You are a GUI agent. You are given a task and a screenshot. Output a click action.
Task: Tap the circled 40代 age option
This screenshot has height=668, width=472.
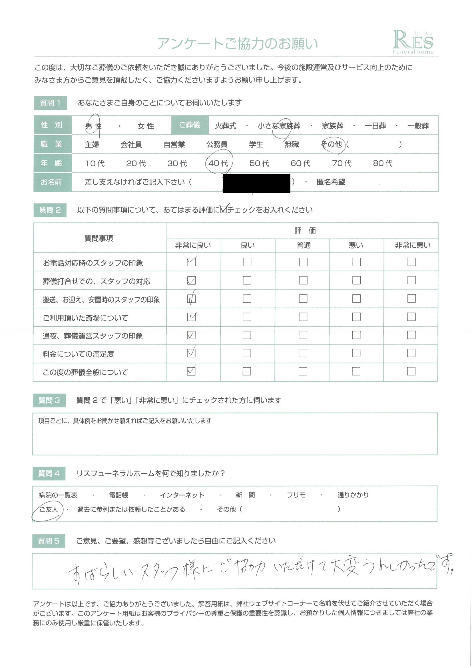click(x=218, y=163)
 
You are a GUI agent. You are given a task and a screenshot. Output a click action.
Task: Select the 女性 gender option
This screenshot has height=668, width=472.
click(x=146, y=126)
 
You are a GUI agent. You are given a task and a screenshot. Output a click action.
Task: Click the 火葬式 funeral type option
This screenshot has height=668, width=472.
click(x=225, y=126)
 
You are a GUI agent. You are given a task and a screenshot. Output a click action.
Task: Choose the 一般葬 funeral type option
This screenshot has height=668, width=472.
click(x=418, y=126)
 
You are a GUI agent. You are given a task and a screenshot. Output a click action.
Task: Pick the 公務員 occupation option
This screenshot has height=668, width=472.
click(x=217, y=145)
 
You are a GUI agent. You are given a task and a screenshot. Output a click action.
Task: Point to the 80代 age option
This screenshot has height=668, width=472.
click(x=383, y=163)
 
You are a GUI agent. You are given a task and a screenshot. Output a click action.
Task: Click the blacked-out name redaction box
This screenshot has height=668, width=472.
click(x=256, y=183)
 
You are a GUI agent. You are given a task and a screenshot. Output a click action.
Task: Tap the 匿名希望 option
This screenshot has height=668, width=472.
click(x=331, y=182)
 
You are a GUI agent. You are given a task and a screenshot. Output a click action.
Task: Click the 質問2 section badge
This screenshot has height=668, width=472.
click(x=50, y=210)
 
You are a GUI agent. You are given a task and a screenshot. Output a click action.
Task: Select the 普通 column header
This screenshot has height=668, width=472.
click(x=304, y=245)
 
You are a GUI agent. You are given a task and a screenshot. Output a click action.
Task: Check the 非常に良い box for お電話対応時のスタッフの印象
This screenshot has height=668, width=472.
click(x=191, y=262)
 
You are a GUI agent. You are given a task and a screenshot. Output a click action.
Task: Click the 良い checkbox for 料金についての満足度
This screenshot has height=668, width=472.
click(x=247, y=353)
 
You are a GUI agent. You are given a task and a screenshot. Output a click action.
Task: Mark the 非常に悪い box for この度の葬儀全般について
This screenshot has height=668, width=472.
click(x=411, y=371)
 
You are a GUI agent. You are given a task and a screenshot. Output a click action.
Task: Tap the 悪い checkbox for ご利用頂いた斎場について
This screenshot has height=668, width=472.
click(x=356, y=317)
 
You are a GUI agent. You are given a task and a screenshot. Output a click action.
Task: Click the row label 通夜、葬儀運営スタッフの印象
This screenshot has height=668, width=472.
click(x=93, y=336)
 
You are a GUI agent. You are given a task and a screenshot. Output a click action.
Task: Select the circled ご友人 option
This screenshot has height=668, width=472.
click(x=49, y=509)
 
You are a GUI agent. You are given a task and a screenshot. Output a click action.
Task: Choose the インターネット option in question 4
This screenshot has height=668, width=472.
click(x=182, y=495)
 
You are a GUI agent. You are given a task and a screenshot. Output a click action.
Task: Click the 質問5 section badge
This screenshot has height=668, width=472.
click(x=49, y=541)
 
